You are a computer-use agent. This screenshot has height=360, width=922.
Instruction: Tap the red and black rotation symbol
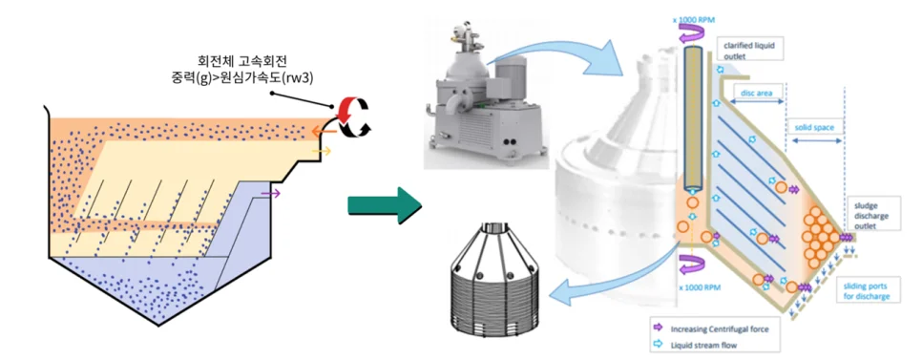351,116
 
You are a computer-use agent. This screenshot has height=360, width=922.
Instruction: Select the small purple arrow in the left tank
271,192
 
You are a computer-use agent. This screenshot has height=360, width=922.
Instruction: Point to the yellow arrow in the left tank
321,152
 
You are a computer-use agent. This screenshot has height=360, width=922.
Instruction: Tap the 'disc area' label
756,92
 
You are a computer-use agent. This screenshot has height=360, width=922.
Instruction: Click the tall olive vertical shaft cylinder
695,120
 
